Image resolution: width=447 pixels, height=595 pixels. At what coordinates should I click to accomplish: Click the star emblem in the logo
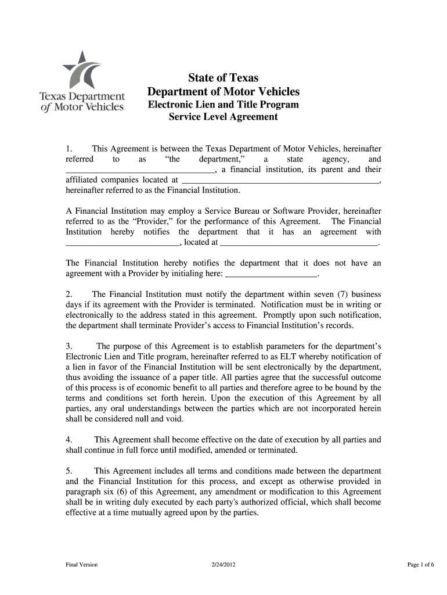click(82, 70)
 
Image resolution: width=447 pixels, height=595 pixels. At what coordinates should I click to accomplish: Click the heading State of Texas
click(223, 78)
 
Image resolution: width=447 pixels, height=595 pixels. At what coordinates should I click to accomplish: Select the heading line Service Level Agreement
click(223, 117)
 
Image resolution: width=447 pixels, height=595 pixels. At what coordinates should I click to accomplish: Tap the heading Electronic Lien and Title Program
click(223, 105)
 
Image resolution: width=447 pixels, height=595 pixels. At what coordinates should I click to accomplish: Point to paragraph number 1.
click(68, 149)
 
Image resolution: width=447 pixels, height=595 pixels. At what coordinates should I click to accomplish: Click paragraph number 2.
click(68, 295)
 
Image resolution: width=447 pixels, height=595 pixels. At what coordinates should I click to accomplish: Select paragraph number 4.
click(68, 440)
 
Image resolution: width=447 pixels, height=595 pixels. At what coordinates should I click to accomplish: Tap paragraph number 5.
click(68, 471)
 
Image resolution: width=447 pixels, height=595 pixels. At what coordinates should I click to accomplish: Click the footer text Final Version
click(81, 565)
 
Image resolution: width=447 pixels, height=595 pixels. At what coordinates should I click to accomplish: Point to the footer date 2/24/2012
click(223, 565)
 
